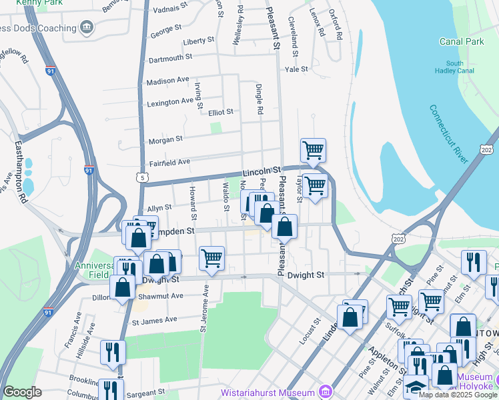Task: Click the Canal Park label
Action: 461,41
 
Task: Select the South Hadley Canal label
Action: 455,67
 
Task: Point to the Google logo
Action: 22,392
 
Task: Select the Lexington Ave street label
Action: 170,102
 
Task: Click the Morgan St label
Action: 165,139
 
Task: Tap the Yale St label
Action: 296,69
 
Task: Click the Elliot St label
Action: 220,112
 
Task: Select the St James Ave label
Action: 154,320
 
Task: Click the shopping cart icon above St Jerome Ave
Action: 211,258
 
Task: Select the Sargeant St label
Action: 143,393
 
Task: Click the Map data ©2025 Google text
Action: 458,395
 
